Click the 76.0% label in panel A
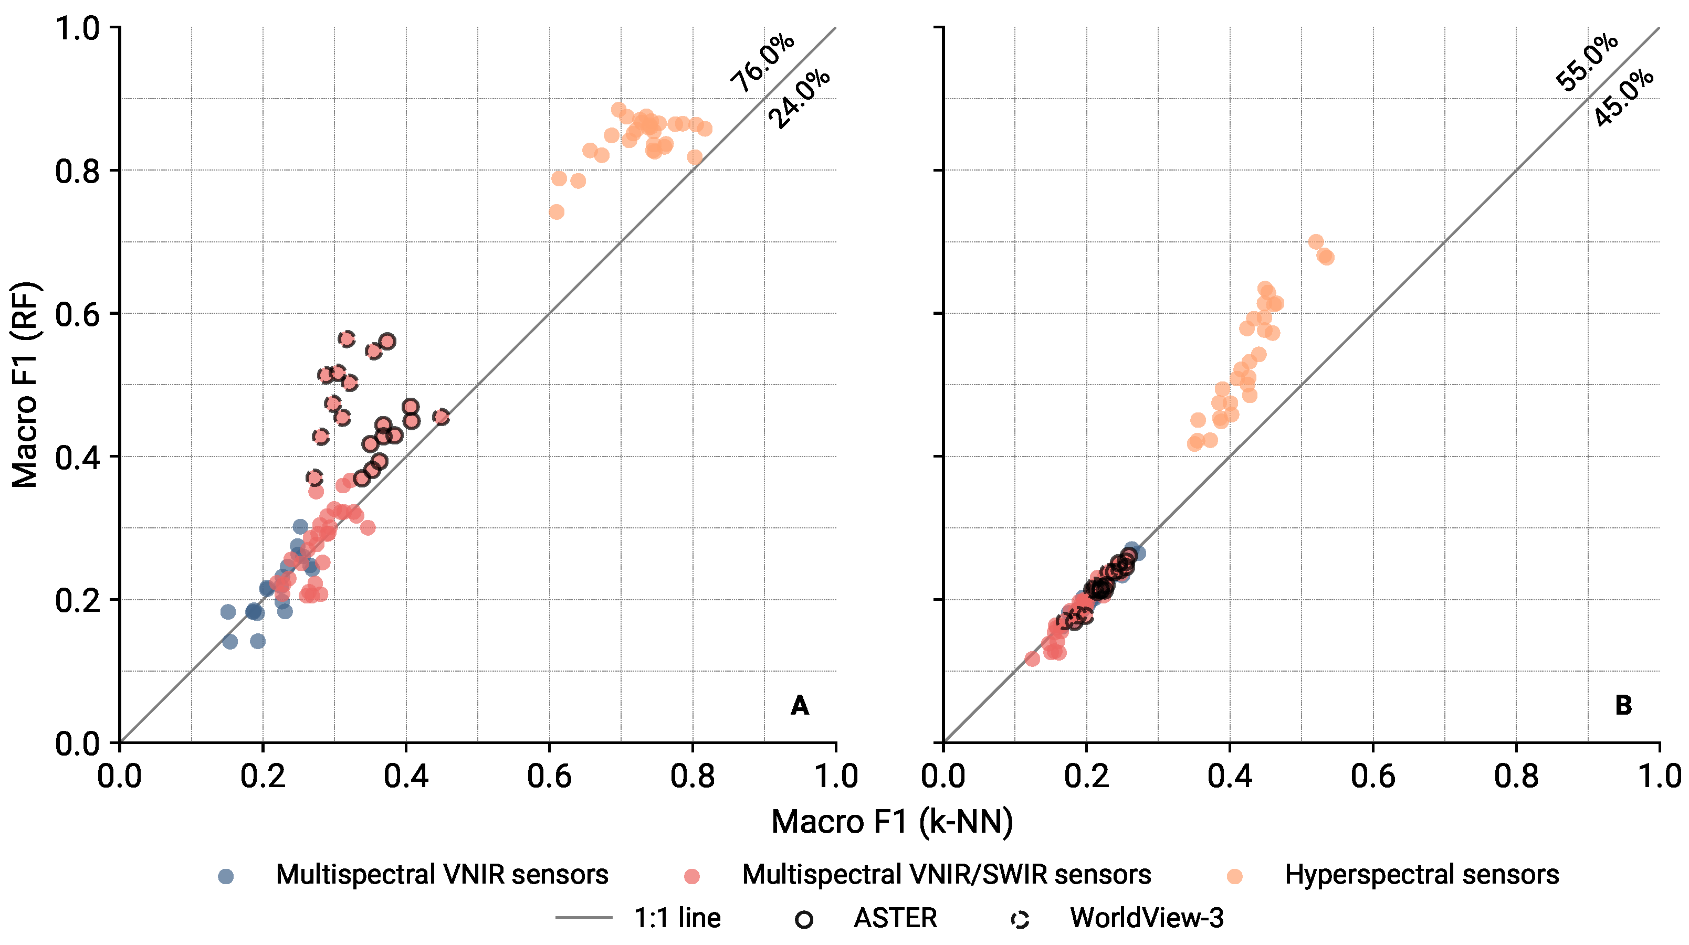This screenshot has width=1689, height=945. [x=762, y=63]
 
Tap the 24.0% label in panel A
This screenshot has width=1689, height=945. [x=799, y=99]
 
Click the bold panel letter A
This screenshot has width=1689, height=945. [x=799, y=706]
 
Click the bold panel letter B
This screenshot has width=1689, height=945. [x=1623, y=706]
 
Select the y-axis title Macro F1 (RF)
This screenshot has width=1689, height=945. [x=25, y=385]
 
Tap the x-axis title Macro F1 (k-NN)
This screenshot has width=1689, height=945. [x=891, y=822]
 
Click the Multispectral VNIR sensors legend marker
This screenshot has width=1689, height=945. [x=226, y=876]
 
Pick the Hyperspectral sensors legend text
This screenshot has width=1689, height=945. [x=1421, y=875]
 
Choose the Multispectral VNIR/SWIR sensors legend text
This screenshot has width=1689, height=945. [x=946, y=875]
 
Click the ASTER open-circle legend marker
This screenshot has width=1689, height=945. [x=804, y=919]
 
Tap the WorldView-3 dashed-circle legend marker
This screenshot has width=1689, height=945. [x=1020, y=919]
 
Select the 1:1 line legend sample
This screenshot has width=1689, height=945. [x=583, y=918]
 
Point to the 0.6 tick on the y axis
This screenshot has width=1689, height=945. [x=76, y=314]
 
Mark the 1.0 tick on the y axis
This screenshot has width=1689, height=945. [x=76, y=28]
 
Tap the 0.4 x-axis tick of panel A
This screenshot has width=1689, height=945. [x=406, y=777]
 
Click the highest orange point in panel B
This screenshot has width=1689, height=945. [x=1315, y=242]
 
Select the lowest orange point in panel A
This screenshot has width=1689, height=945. [x=556, y=211]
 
